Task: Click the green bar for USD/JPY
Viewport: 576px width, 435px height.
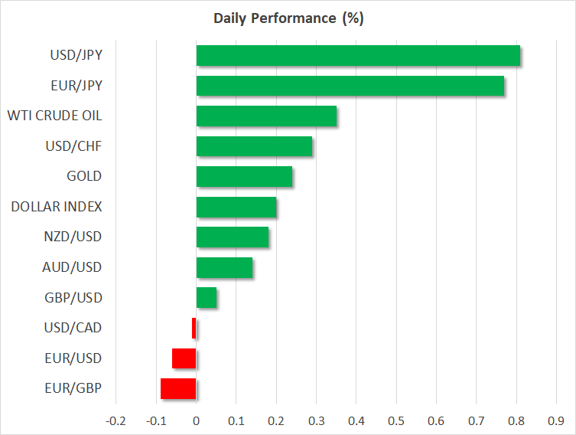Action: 358,56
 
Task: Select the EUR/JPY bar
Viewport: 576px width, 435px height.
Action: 350,86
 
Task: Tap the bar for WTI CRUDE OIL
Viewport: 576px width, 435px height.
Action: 266,116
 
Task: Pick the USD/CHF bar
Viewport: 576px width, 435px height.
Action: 254,146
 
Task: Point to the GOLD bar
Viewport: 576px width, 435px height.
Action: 244,176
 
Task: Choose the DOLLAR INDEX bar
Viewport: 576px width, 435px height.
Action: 236,207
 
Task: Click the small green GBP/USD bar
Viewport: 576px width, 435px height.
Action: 207,297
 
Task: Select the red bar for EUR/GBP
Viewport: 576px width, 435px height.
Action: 178,388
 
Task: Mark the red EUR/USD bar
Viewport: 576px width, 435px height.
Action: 184,358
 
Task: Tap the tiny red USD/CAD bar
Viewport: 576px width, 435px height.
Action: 194,328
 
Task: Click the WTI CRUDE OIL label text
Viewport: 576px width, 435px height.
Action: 54,116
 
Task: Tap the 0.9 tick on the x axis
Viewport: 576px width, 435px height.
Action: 556,420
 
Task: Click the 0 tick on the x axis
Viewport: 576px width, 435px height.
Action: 197,420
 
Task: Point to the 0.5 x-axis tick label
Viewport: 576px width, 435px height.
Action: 396,420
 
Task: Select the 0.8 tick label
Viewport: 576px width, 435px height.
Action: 516,420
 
